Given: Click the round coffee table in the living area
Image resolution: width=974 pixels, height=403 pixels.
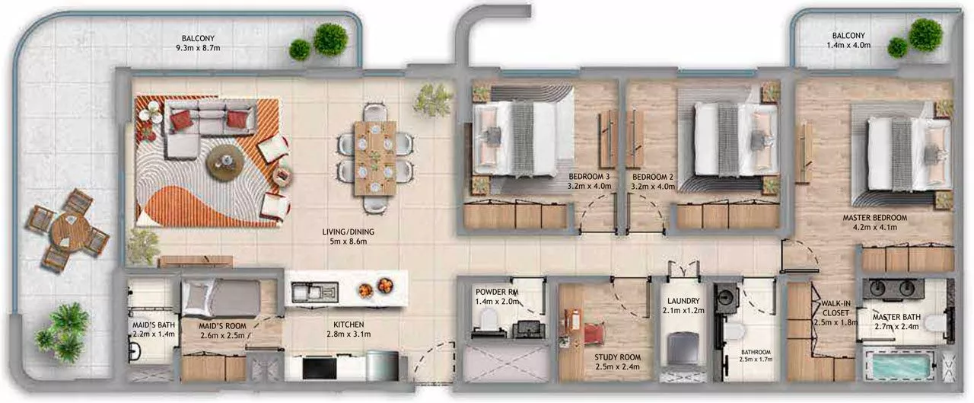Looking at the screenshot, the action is tap(224, 163).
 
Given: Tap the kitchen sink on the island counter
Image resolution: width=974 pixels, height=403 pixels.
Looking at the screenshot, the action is tap(315, 292).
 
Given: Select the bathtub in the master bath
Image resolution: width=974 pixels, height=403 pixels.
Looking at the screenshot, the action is tap(899, 365).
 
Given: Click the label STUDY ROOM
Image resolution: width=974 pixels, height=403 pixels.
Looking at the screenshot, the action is tap(617, 357).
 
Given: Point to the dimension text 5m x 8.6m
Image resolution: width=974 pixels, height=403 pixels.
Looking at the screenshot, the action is tap(349, 241).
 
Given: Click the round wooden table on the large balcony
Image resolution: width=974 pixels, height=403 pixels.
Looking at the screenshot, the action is tap(68, 230).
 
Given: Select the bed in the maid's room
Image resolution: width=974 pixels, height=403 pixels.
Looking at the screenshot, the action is tap(221, 298).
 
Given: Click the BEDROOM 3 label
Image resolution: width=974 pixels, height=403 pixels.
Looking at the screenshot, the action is tap(589, 177).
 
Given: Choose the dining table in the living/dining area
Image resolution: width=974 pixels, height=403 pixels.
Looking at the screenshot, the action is tap(375, 158).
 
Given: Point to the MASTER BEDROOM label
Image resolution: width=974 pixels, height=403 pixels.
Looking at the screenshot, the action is tap(875, 218).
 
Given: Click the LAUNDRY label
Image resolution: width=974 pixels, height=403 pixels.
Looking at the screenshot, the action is tap(683, 301).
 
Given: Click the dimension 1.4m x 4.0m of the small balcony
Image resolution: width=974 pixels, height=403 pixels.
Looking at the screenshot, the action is tap(848, 45).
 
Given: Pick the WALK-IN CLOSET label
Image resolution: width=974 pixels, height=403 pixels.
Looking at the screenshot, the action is tap(836, 308).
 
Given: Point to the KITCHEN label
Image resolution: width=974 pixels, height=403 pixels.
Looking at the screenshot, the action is tap(349, 325).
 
